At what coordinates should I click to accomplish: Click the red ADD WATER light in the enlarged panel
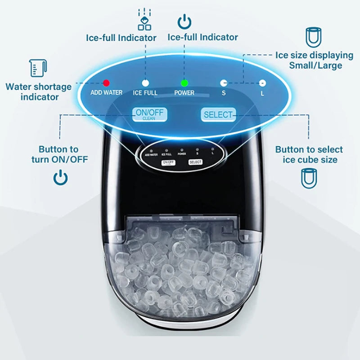pos(106,83)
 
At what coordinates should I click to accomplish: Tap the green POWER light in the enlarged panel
pos(184,83)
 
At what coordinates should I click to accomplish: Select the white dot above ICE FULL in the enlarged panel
pos(145,83)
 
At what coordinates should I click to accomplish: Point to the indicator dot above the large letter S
pos(223,83)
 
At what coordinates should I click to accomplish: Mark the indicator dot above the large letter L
pos(262,83)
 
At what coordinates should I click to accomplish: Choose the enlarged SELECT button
pos(218,115)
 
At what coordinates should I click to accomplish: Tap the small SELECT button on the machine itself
pos(195,162)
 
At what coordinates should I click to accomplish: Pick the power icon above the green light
pos(184,21)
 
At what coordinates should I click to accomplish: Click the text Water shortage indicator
pos(39,91)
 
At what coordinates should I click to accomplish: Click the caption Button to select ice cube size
pos(309,154)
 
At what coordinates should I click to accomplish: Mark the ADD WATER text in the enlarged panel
pos(106,93)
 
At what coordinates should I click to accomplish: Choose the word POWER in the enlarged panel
pos(184,93)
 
